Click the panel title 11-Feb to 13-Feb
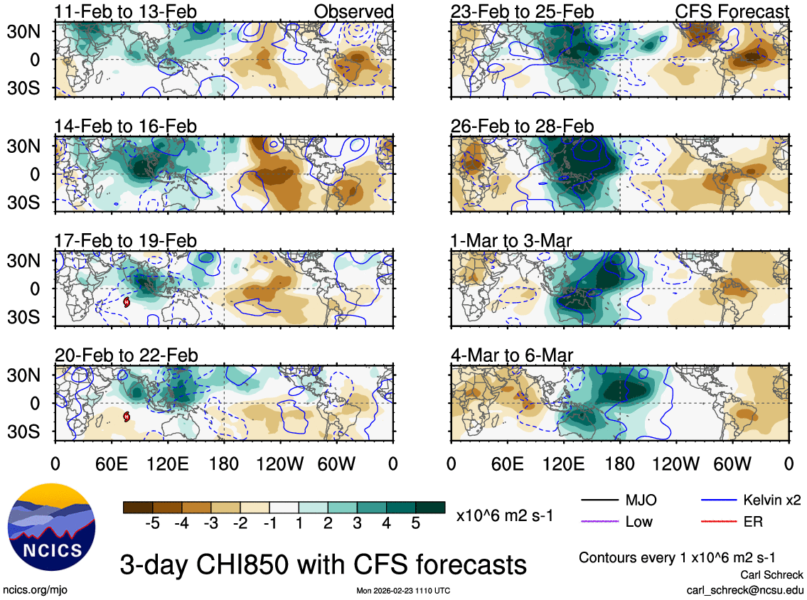[x=125, y=12]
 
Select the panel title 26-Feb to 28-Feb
[x=522, y=127]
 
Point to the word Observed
[x=353, y=12]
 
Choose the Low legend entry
[x=638, y=522]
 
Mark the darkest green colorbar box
[x=429, y=507]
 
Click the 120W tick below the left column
[x=281, y=463]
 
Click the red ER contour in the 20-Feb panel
[x=127, y=417]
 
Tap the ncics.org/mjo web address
[x=36, y=590]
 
